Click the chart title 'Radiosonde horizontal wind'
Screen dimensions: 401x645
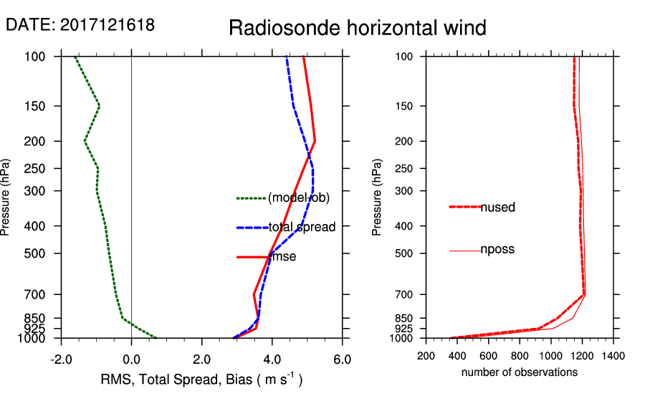coord(357,28)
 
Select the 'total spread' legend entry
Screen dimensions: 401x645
coord(302,228)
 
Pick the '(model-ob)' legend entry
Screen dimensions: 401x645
coord(298,198)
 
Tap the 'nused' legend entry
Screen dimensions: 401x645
coord(497,208)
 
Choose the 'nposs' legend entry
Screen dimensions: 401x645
coord(497,250)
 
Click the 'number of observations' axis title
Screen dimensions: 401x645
coord(520,372)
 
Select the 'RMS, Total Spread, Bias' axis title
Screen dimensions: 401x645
coord(201,380)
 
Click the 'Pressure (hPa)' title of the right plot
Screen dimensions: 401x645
coord(377,197)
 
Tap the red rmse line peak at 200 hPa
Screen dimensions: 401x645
coord(315,141)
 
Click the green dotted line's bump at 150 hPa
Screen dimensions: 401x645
coord(99,106)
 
